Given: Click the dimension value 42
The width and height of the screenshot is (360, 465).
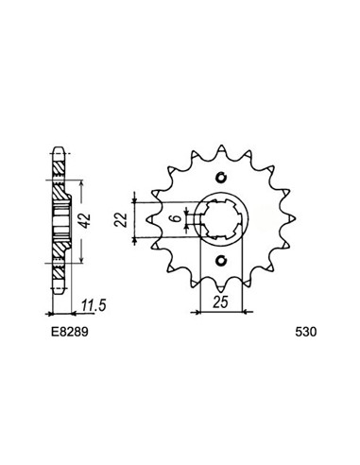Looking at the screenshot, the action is click(85, 220).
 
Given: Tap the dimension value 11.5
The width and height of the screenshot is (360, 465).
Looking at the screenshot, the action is click(93, 305).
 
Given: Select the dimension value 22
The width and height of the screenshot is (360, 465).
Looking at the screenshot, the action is click(121, 219).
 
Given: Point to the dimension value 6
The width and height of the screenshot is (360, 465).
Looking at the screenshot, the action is click(178, 218).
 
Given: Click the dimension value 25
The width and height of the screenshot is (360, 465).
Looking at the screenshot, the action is click(220, 302).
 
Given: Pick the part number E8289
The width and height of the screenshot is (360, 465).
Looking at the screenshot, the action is click(70, 332).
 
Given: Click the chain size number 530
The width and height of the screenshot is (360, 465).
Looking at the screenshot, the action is click(305, 332).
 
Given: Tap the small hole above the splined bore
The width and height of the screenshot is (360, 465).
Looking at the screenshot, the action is click(222, 178).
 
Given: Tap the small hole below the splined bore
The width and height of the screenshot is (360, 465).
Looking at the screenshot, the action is click(222, 260).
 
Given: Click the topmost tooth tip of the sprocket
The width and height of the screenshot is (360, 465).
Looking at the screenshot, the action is click(222, 146).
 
